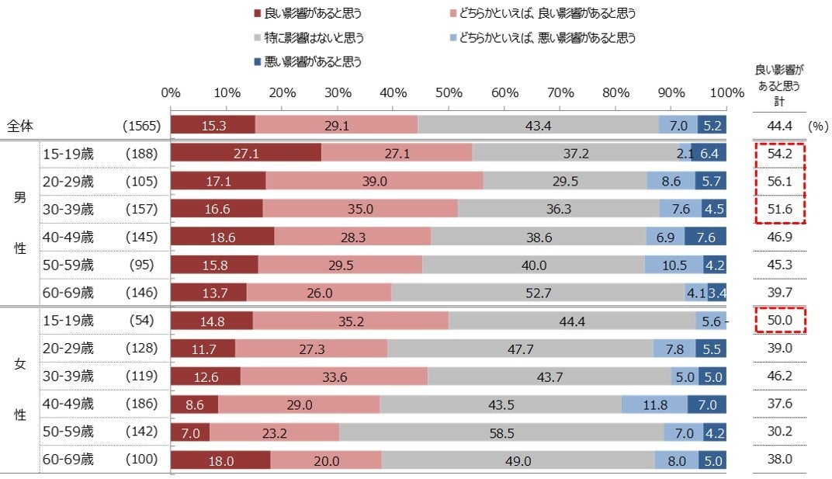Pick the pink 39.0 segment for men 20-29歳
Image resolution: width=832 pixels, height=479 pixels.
click(374, 182)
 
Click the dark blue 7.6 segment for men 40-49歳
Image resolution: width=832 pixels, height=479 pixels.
click(705, 238)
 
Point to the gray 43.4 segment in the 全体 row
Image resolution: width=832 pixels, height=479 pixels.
click(538, 125)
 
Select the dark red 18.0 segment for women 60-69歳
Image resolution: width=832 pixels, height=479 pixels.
click(220, 460)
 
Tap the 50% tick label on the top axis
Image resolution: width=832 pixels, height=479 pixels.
click(449, 92)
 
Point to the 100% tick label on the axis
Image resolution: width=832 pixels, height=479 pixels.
click(726, 92)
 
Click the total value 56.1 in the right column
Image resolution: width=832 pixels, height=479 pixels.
click(778, 182)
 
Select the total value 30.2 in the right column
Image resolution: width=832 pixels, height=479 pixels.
click(778, 432)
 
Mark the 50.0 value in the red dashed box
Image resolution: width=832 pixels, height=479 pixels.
click(778, 321)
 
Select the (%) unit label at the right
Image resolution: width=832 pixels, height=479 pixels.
click(818, 125)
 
